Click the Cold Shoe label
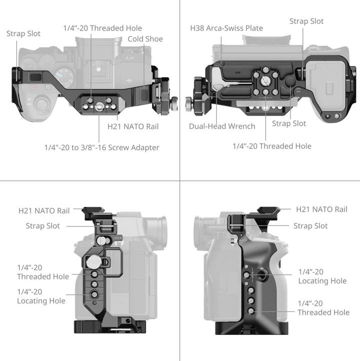145,39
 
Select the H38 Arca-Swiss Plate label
226,28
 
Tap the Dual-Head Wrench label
222,126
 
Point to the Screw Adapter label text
102,147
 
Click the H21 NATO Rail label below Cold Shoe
133,126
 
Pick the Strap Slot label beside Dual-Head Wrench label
289,123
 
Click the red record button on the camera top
33,87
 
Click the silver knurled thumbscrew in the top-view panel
171,104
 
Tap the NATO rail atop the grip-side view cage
268,211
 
